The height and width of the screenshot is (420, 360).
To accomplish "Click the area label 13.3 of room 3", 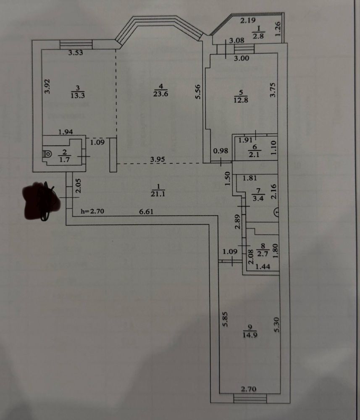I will click(x=76, y=95).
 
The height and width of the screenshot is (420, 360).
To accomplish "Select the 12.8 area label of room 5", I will click(x=241, y=100).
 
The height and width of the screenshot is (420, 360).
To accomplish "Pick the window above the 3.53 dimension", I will click(x=76, y=44).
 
